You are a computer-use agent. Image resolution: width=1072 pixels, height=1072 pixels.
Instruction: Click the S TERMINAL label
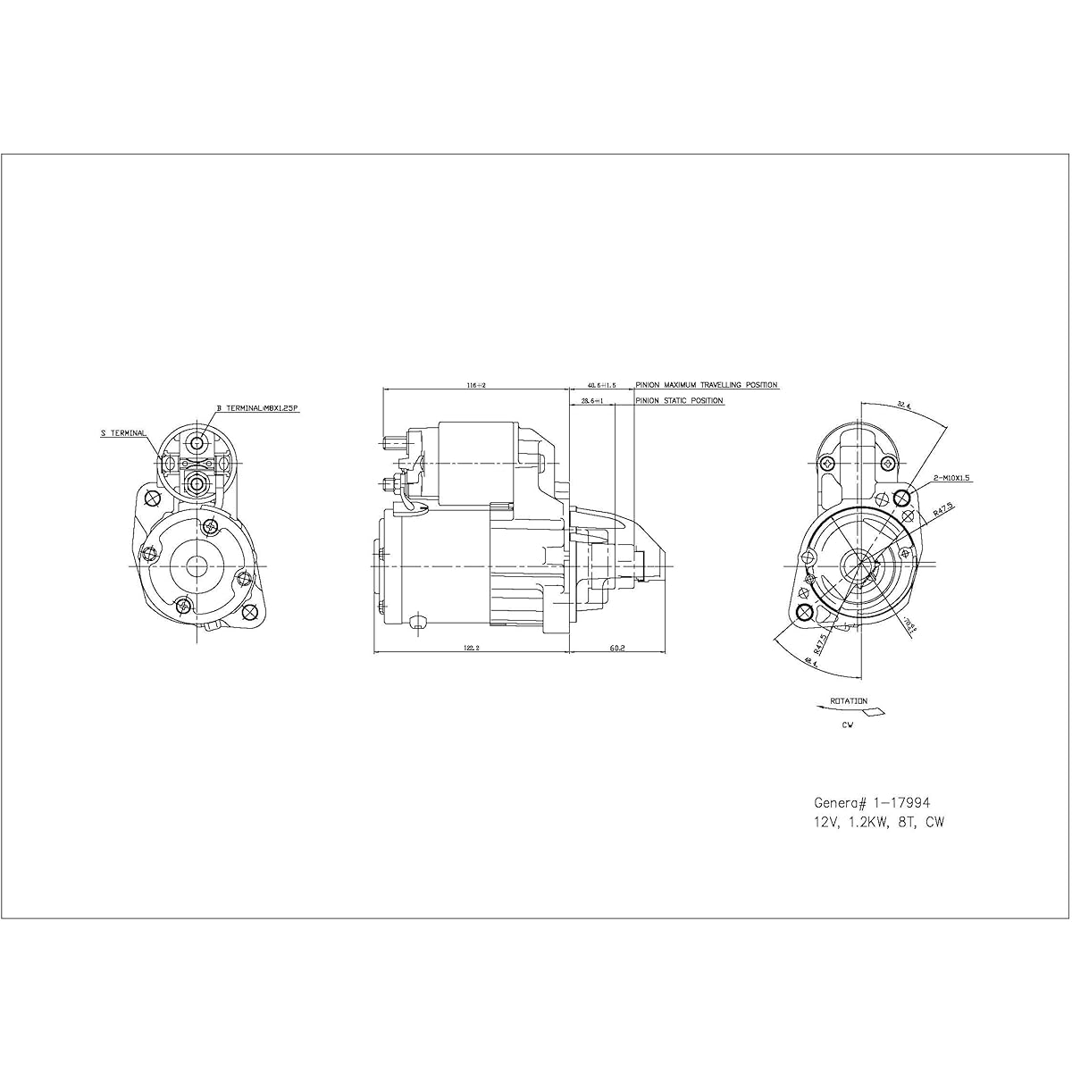tap(122, 433)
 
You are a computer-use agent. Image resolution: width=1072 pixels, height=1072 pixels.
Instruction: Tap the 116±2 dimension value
tap(475, 385)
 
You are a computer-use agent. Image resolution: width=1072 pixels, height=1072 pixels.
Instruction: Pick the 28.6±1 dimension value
tap(592, 401)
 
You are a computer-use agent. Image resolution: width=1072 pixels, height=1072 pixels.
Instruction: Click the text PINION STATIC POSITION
tap(679, 401)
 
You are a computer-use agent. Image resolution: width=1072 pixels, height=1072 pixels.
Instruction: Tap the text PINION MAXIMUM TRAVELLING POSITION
tap(706, 385)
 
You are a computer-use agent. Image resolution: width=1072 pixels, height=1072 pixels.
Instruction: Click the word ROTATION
tap(848, 701)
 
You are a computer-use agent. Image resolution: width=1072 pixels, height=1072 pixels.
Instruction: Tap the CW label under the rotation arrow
tap(847, 725)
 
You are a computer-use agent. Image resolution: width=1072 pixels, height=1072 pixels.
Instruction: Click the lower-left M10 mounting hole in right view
tap(805, 612)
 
